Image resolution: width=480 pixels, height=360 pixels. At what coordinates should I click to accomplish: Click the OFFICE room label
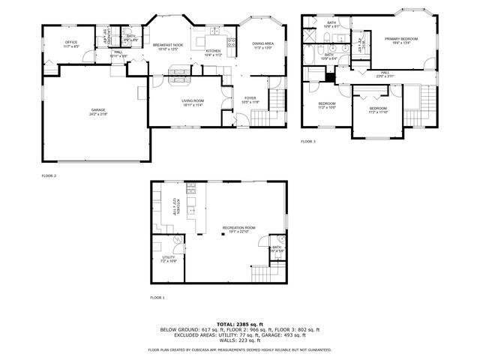click(x=72, y=42)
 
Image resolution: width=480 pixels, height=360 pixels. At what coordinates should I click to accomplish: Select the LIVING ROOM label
click(x=193, y=100)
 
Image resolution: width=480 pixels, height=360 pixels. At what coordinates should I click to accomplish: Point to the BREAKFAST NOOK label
click(x=169, y=45)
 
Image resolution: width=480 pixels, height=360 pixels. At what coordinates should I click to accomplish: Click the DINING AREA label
click(x=262, y=44)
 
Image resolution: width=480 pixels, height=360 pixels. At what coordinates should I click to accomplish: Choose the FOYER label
click(x=250, y=97)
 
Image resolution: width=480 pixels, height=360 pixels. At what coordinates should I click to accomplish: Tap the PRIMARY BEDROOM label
click(x=401, y=38)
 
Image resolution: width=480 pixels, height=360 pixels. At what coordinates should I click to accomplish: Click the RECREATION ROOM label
click(x=238, y=228)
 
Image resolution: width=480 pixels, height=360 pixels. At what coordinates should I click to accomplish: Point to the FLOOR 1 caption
click(x=157, y=298)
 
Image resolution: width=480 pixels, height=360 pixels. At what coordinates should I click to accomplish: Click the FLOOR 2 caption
click(x=49, y=175)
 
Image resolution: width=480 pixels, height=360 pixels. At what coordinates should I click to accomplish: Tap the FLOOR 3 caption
click(x=308, y=141)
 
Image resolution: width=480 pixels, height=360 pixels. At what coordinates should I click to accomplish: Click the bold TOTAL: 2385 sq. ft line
click(x=239, y=323)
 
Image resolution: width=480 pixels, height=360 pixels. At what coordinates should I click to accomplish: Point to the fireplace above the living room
click(x=179, y=73)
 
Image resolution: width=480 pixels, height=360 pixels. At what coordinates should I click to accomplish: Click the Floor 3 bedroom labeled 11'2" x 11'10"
click(x=378, y=109)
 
